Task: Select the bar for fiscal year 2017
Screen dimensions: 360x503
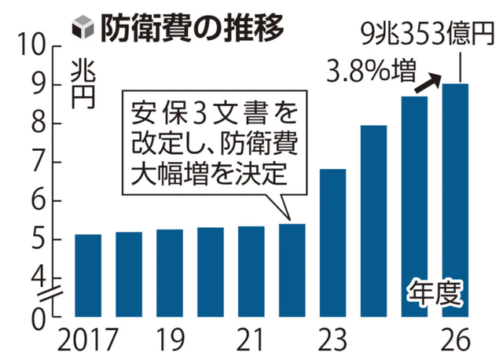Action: pyautogui.click(x=88, y=275)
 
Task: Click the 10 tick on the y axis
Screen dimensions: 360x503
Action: pyautogui.click(x=38, y=46)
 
